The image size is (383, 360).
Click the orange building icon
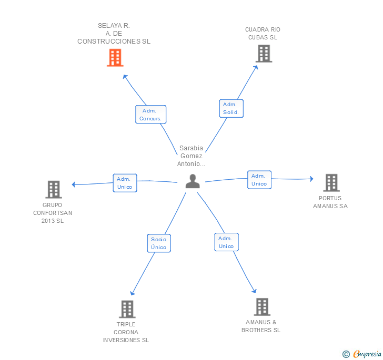tap(115, 58)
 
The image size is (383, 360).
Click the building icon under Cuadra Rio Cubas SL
tap(264, 54)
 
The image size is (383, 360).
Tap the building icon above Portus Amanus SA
tap(331, 182)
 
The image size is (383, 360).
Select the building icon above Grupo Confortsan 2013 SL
tap(54, 189)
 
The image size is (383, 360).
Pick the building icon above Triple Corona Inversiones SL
tap(127, 309)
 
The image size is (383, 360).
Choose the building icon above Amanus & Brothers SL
tap(262, 306)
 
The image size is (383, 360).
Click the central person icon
tap(193, 181)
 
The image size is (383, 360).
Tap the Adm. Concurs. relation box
tap(150, 115)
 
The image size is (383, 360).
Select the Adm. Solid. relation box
tap(231, 108)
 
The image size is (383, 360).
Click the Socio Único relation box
tap(159, 243)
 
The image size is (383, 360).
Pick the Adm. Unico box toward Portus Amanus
tap(259, 180)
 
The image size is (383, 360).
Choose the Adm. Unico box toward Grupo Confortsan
tap(125, 183)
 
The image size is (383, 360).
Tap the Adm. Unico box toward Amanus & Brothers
tap(226, 242)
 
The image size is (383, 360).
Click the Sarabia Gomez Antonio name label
tap(191, 156)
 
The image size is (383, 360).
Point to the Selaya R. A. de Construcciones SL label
tap(114, 34)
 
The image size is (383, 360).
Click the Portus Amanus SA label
tap(330, 202)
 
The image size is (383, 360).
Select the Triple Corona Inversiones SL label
tap(126, 332)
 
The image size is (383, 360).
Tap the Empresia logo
tap(362, 354)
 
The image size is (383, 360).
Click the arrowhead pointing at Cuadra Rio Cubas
tap(256, 68)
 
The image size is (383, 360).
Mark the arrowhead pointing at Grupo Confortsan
tap(74, 184)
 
